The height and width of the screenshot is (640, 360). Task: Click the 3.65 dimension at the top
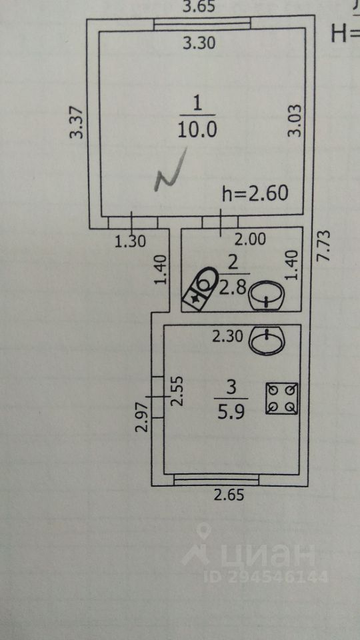[x=199, y=7]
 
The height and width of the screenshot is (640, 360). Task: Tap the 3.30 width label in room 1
[x=199, y=43]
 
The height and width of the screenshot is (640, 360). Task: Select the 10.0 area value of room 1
[x=197, y=130]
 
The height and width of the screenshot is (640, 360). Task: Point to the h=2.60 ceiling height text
[x=255, y=193]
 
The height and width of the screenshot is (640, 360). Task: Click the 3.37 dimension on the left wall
[x=77, y=122]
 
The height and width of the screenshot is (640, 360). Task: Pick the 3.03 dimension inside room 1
[x=295, y=120]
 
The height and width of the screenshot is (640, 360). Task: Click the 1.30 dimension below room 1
[x=130, y=242]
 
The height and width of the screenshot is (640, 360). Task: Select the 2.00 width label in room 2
[x=251, y=239]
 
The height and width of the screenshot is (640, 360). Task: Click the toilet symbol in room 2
[x=201, y=288]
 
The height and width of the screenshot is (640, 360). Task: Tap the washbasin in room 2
[x=267, y=295]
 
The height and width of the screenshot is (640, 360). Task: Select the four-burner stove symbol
[x=281, y=399]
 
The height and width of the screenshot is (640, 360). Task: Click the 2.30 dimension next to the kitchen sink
[x=228, y=337]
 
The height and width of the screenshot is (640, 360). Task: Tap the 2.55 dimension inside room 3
[x=178, y=391]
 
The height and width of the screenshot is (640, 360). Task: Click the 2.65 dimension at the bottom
[x=229, y=495]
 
